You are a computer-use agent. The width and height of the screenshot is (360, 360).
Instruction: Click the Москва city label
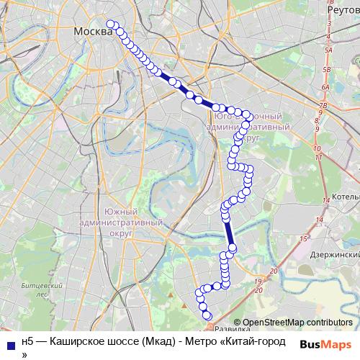coord(92,33)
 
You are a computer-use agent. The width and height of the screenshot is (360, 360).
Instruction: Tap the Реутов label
coord(342,11)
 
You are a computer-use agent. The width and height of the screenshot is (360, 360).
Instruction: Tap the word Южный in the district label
coord(120,211)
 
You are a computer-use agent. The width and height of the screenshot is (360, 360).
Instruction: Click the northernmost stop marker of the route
coord(112,24)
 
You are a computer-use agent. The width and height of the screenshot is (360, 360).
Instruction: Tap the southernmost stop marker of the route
coord(208,315)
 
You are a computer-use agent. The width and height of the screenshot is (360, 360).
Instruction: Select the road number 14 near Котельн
coord(325,199)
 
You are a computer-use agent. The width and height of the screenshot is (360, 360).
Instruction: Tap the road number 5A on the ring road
coord(328,50)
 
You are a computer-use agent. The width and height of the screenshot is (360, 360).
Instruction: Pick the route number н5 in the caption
coord(27,341)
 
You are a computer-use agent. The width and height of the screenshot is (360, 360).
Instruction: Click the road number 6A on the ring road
coord(325,87)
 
